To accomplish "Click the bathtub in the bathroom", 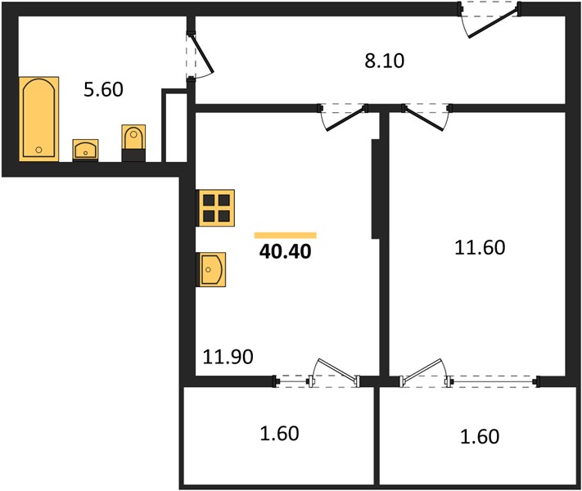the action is coord(38,119).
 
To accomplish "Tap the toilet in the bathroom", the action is coord(133,143).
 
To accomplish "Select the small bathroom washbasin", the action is coord(85,151).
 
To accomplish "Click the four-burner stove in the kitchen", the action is coord(216,208).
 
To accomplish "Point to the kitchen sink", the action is coord(211,269).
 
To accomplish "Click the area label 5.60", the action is coord(103,90).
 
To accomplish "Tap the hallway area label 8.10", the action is coord(384,61).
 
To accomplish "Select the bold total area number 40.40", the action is coord(285,251).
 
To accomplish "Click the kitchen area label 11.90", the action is coord(228,357).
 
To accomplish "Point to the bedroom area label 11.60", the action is coord(480,247).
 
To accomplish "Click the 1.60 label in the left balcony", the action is coord(279,434).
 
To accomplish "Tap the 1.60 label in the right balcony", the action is coord(480,436).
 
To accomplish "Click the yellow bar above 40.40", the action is coord(285,236).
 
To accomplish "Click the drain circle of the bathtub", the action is coord(38,150).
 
